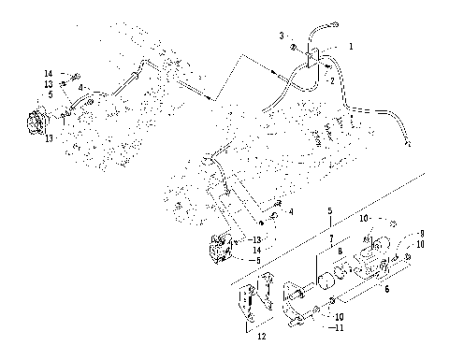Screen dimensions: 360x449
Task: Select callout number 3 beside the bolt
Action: tap(281, 36)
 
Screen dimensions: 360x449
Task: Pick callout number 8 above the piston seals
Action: tap(335, 252)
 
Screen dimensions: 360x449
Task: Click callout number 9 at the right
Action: tap(422, 232)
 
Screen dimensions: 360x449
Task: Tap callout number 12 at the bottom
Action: tap(263, 335)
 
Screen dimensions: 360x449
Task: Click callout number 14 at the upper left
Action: tap(48, 72)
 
